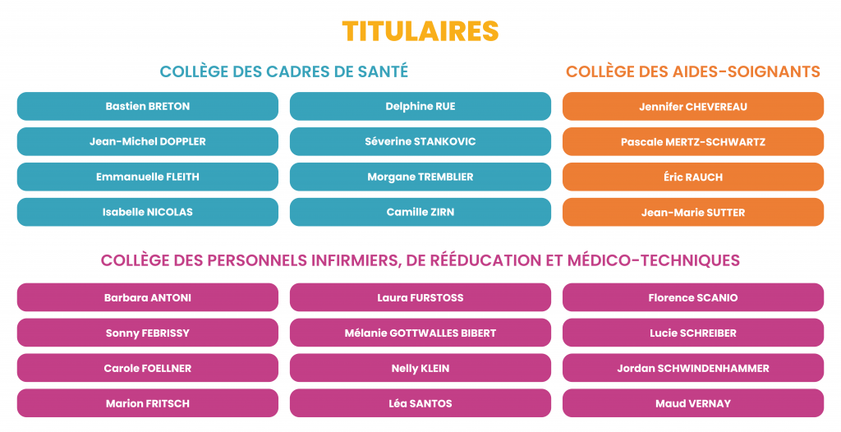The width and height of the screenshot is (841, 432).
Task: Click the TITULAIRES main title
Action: pos(420,30)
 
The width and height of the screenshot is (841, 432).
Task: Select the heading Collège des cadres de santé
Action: pos(283,71)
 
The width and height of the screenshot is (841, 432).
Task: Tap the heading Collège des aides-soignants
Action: pos(692,71)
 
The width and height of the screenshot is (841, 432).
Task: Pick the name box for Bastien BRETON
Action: pos(148,107)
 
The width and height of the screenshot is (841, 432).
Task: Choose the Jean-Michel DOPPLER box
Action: pos(148,141)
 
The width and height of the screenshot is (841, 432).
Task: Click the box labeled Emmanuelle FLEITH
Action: pos(148,177)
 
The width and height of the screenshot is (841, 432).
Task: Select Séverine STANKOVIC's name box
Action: pos(420,141)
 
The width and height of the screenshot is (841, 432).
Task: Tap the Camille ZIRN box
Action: pos(420,212)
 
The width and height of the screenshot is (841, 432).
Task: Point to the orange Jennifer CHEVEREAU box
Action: pos(693,107)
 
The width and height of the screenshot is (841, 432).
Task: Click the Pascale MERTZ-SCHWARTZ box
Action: pos(693,142)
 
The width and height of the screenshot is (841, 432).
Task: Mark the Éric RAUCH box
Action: pos(693,177)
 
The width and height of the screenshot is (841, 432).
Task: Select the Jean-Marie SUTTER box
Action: pos(693,212)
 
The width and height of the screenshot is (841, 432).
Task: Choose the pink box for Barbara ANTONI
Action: pos(148,297)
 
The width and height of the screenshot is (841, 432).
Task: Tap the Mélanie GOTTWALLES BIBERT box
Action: pos(420,333)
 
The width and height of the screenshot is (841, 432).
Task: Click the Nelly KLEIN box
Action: pos(420,368)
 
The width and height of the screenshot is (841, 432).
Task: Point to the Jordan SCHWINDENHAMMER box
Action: pos(693,368)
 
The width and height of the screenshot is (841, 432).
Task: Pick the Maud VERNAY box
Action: pos(693,403)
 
